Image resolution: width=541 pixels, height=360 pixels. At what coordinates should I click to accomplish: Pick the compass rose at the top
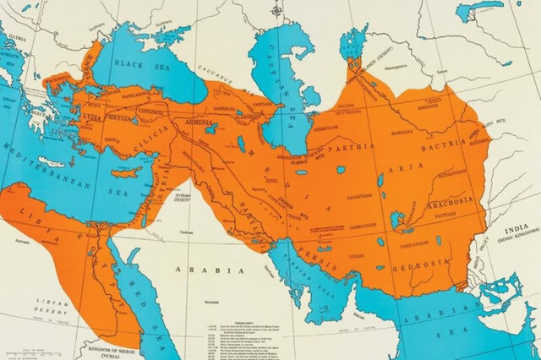click(277, 13)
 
